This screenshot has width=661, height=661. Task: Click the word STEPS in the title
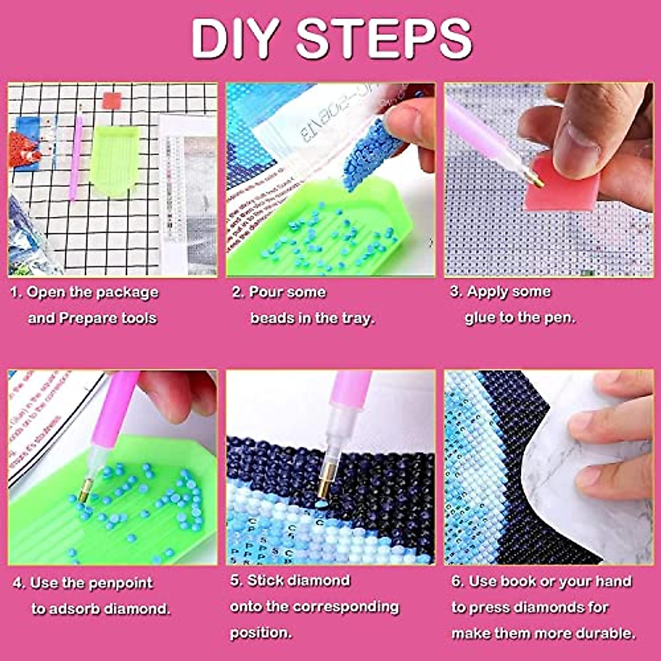pyautogui.click(x=384, y=39)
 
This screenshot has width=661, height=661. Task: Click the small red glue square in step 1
pyautogui.click(x=111, y=101)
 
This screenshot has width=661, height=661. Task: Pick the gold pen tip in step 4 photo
pyautogui.click(x=85, y=490)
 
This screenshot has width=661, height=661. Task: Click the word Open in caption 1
pyautogui.click(x=46, y=292)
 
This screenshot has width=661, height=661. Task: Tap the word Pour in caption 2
pyautogui.click(x=267, y=292)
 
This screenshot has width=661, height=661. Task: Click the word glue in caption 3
pyautogui.click(x=480, y=317)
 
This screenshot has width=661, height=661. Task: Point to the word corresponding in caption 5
pyautogui.click(x=345, y=606)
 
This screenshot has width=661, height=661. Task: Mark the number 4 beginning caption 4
pyautogui.click(x=18, y=583)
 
